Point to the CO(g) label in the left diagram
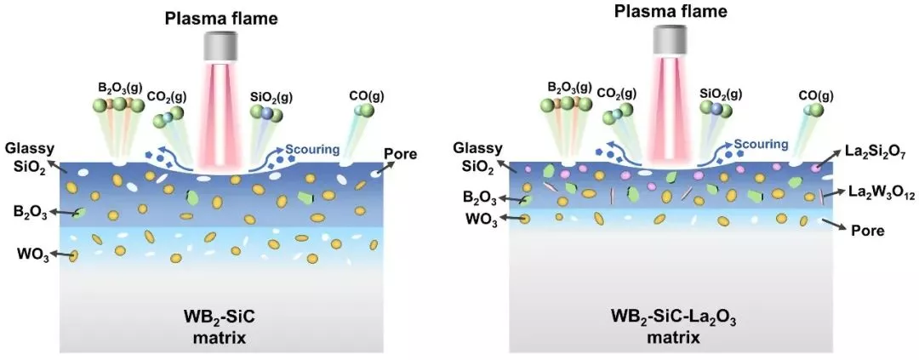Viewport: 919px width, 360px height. coord(366,91)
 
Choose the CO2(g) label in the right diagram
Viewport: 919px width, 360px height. coord(622,93)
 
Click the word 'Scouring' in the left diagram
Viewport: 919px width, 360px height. coord(312,150)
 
